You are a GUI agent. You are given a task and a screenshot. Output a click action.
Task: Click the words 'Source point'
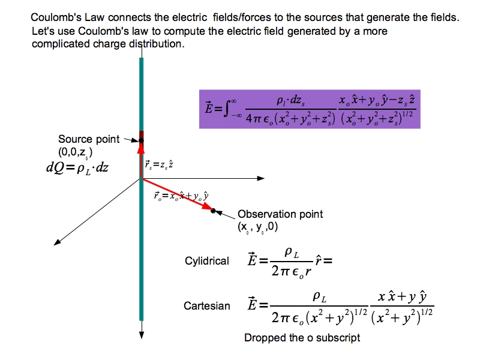click(89, 139)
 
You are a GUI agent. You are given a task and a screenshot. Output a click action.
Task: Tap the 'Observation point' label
click(280, 214)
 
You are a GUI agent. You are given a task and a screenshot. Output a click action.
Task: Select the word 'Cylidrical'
click(207, 261)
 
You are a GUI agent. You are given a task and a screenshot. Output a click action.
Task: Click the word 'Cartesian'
click(207, 306)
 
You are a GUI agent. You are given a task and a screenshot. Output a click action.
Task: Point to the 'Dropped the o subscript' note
click(302, 338)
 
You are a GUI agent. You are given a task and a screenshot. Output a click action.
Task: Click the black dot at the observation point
click(213, 210)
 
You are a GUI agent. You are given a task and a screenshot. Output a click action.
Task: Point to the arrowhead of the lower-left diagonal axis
click(58, 242)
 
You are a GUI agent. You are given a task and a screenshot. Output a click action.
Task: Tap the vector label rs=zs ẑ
click(159, 163)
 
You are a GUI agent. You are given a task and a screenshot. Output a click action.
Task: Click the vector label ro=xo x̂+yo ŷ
click(181, 196)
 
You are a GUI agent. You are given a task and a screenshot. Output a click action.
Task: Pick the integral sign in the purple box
click(227, 110)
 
